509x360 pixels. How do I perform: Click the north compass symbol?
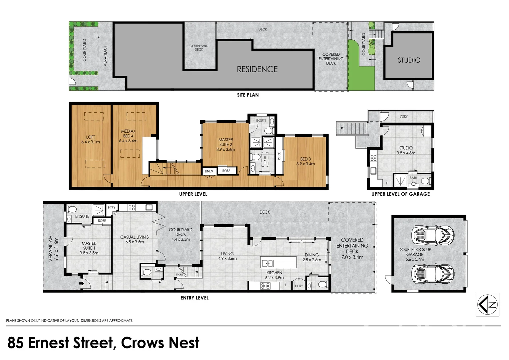coord(487,305)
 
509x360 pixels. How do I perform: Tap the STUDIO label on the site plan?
coord(409,60)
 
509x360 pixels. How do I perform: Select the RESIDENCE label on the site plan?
coord(257,69)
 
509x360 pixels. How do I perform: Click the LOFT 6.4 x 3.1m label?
coord(90,139)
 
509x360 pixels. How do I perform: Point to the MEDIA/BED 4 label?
coord(128,136)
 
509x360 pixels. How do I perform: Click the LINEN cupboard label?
coord(209,171)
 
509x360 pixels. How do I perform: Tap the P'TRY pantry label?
coord(111,208)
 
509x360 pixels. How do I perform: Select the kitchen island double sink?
coord(267,264)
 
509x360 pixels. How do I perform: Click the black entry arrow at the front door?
coord(81,283)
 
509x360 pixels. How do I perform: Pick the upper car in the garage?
coord(433,235)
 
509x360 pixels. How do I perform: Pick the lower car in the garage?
coord(433,274)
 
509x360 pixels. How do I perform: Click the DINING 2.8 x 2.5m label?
coord(312,257)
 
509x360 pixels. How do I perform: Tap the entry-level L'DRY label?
coord(299,286)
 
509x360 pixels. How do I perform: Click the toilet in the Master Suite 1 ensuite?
coord(72,209)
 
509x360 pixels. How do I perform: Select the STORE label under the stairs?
coord(179,274)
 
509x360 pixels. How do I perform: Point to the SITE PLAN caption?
coord(248,95)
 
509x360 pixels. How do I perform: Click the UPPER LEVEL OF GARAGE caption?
coord(401,194)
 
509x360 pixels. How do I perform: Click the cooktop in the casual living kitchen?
coord(132,207)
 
